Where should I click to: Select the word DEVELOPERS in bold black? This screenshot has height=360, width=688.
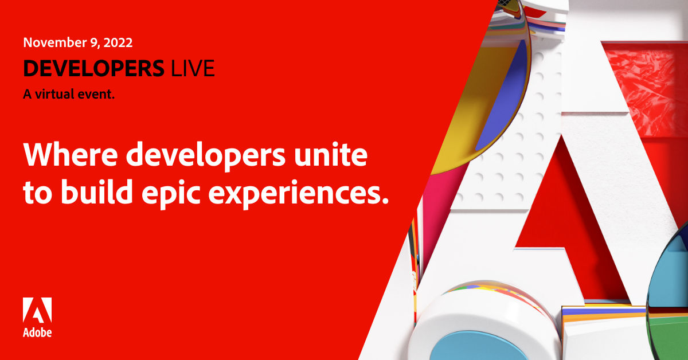click(93, 69)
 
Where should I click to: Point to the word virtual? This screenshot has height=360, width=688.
click(54, 95)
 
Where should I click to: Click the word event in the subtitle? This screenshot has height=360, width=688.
click(100, 95)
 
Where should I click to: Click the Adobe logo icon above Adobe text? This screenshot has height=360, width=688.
click(37, 310)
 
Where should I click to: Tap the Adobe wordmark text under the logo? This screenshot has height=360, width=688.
click(37, 332)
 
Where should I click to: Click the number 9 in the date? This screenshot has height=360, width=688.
click(88, 42)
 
